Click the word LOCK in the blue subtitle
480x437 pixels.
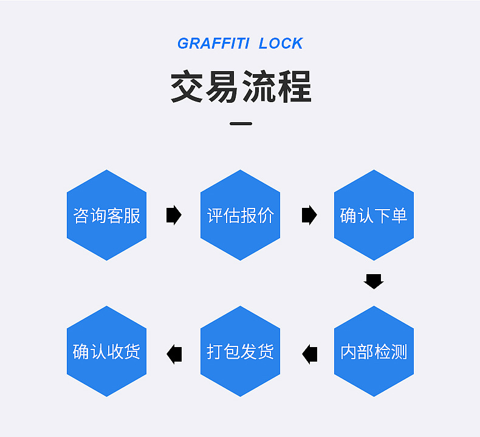point(280,44)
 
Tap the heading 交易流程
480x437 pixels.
point(241,87)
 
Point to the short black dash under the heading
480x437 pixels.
point(241,124)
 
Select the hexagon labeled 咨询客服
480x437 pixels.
point(106,215)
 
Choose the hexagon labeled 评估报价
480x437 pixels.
point(240,215)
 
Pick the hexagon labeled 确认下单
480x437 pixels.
point(374,215)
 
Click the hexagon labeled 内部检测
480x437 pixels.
point(374,351)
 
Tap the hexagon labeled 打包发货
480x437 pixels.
point(240,351)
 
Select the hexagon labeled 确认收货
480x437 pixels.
point(106,351)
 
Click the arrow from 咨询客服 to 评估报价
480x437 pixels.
point(174,215)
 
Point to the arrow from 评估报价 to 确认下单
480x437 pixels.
point(309,215)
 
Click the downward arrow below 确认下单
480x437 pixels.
point(374,281)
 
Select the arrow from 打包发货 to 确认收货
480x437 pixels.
point(174,353)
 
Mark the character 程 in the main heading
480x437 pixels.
point(294,87)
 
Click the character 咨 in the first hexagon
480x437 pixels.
point(81,216)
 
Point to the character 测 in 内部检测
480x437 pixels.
point(399,352)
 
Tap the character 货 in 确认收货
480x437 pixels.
point(132,352)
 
